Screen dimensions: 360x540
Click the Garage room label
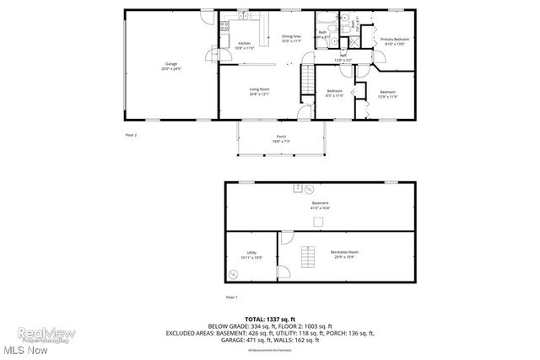pos(172,67)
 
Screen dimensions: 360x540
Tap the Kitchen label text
pos(244,46)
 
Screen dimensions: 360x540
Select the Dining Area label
pos(291,39)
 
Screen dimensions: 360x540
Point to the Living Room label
pos(259,91)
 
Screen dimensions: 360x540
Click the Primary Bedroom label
pos(394,42)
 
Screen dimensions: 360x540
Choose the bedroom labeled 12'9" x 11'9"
pos(387,94)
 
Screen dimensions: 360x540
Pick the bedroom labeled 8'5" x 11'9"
pos(335,93)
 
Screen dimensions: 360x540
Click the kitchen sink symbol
pos(242,17)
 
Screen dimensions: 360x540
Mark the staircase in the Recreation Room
pos(308,256)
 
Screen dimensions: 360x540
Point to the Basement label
pos(320,205)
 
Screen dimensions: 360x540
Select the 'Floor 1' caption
pos(232,298)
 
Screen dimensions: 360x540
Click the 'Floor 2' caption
pos(131,134)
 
